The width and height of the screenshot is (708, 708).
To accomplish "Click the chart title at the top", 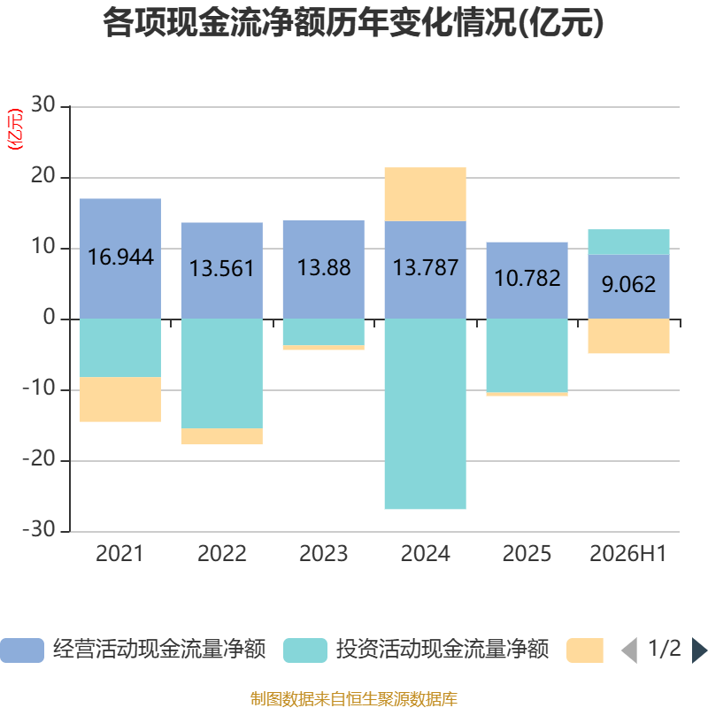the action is (353, 23).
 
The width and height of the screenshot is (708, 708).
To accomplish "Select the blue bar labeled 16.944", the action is (120, 258).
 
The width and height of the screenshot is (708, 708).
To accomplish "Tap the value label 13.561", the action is (222, 268).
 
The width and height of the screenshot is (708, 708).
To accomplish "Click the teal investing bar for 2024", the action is (426, 414).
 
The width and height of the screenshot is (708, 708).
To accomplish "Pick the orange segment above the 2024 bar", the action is (426, 194).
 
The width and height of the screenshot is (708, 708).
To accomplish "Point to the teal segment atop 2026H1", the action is (628, 242).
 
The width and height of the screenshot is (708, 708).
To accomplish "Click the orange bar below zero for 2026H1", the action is (628, 336).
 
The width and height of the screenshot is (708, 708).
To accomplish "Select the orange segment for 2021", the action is (120, 399).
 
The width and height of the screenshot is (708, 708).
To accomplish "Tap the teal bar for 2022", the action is (222, 373).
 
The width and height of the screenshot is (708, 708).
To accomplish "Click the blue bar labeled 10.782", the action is (527, 281).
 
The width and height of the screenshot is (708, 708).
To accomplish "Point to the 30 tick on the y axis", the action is (42, 105).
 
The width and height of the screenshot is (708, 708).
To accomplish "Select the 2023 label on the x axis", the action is (324, 554).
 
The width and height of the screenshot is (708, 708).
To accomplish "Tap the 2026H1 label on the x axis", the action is (628, 554).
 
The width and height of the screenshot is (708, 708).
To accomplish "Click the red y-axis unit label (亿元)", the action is (15, 129).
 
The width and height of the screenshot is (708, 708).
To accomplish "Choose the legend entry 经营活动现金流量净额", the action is (133, 650).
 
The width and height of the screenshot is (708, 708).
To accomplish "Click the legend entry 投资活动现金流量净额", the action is (416, 650).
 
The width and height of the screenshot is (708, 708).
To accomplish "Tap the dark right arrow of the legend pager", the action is (699, 650).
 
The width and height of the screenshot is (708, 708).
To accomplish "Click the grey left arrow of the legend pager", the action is (629, 650).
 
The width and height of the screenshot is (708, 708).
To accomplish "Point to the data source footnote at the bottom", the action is (353, 698).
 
